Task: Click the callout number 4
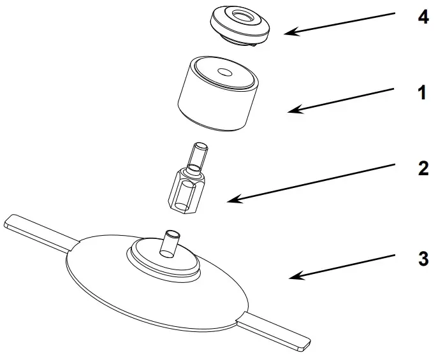[x=422, y=17]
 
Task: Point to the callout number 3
[x=422, y=260]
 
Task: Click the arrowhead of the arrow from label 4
[x=286, y=32]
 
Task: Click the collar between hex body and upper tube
[x=192, y=173]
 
